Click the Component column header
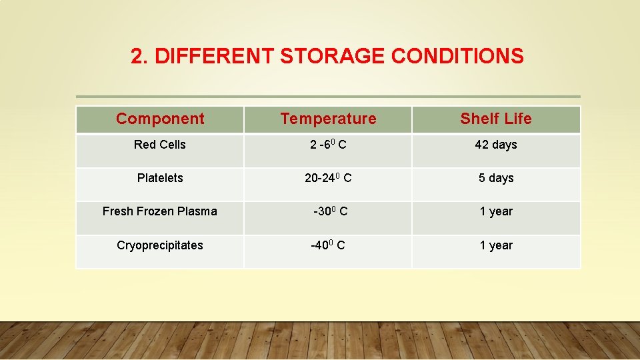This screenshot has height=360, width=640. coord(160,119)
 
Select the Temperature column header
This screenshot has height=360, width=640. coord(328,119)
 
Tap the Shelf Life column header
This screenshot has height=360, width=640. coord(496,119)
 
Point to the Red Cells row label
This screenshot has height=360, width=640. coord(160,145)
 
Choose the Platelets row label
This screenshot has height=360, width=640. coord(160,178)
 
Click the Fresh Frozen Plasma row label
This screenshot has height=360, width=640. coord(160,211)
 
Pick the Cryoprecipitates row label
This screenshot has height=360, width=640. coord(160,245)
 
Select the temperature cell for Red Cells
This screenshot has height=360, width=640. coord(328,145)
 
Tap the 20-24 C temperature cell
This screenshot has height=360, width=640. coord(328,178)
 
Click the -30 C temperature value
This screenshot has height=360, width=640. coord(330,211)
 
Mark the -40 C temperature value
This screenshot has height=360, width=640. coord(328,245)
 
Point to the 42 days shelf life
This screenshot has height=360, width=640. coord(496,145)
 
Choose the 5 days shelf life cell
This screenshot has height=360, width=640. coord(496,178)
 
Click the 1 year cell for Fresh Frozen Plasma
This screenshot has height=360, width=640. coord(496,211)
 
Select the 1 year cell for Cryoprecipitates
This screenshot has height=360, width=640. coord(496,245)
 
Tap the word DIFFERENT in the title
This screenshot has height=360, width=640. coord(215,57)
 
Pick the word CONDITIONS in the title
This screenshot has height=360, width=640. coord(457,57)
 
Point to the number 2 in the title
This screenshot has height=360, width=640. coord(137,57)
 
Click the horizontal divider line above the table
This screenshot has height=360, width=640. coord(328,97)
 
